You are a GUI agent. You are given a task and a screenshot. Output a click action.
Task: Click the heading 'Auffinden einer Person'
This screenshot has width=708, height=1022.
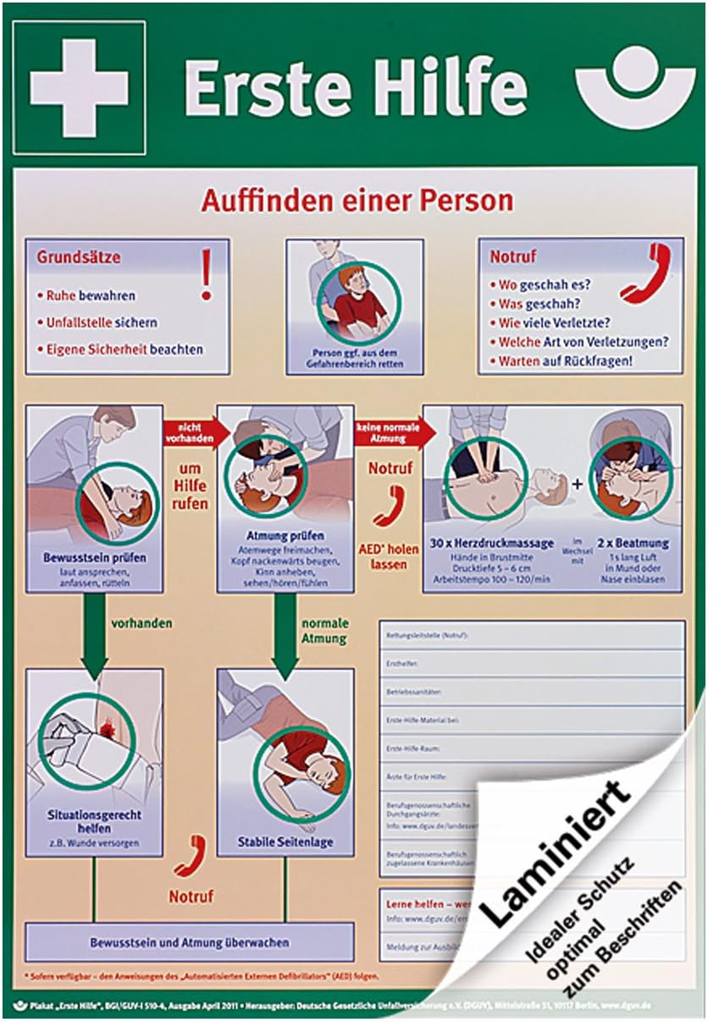point(357,202)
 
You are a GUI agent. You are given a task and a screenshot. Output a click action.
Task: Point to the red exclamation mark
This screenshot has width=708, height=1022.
point(206,273)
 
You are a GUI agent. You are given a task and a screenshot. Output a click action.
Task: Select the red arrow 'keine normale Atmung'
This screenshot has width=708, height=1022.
point(392,432)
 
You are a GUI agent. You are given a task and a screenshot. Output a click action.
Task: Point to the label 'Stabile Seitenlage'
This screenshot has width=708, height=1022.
point(286,842)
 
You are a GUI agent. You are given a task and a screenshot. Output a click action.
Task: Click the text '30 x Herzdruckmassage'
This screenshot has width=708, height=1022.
point(491,543)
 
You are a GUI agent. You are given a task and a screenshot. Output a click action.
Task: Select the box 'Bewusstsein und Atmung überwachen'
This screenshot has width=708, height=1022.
point(189,942)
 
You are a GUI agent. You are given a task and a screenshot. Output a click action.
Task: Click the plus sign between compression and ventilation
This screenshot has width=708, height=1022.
point(578,484)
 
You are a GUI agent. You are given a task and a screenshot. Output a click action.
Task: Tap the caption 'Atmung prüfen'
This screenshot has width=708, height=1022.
point(285,536)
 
